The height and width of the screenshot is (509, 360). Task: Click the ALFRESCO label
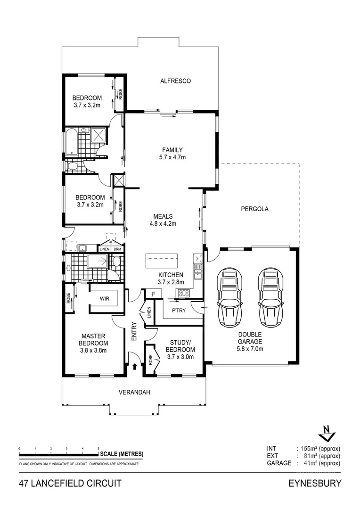175,81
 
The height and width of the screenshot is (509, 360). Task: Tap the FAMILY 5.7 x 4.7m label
172,154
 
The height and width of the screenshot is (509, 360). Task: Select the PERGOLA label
254,209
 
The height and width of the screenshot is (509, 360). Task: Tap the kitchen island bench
162,260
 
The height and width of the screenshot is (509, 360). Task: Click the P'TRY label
179,311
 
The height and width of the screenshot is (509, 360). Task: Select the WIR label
105,298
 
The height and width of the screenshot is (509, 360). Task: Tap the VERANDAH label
134,392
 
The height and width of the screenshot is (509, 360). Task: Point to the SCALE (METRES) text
122,454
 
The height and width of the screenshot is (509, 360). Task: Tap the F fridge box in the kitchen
153,294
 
